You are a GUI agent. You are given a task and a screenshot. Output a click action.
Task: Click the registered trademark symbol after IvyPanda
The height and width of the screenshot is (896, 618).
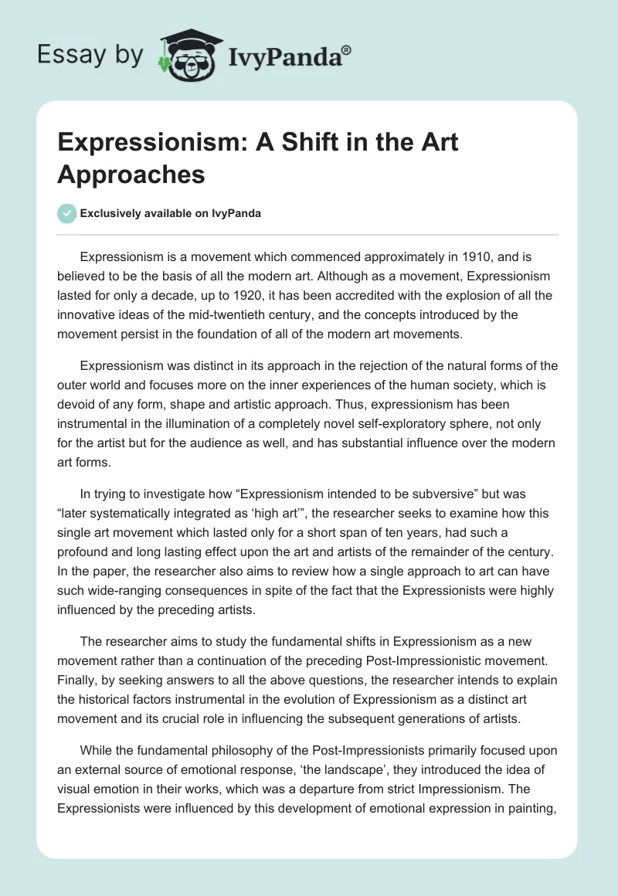(347, 49)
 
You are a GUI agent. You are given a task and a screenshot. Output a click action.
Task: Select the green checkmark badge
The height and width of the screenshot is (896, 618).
(67, 214)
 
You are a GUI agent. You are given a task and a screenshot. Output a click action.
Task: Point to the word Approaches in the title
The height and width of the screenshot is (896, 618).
(131, 175)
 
